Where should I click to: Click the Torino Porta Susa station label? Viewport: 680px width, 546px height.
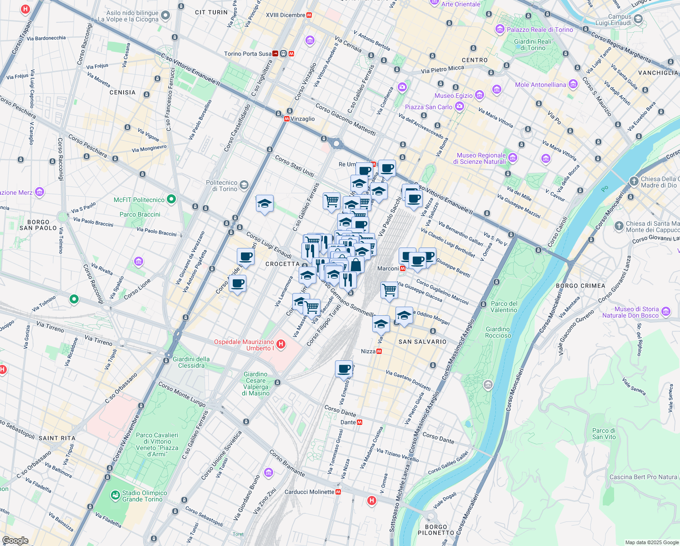248,54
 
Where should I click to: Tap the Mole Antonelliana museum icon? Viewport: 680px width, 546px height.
573,84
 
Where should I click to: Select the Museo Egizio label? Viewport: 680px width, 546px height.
454,96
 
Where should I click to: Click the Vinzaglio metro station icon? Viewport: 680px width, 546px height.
287,119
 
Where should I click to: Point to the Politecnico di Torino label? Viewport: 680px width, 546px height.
222,186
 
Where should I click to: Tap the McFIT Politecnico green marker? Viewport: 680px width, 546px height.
171,199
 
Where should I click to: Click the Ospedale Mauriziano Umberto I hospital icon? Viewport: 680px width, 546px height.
281,344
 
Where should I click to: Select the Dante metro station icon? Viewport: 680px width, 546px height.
360,422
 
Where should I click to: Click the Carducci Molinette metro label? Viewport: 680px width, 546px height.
309,492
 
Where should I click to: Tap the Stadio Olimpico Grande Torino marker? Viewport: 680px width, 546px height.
115,495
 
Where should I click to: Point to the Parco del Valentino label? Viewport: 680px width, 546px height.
504,307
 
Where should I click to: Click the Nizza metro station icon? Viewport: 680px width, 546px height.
379,351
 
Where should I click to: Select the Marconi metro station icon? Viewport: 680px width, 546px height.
403,268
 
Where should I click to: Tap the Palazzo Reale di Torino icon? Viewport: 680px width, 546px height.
500,30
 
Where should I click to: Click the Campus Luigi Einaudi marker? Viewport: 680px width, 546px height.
638,19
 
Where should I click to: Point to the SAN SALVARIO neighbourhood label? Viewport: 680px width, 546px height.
422,342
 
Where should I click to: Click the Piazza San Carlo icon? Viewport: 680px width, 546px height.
459,107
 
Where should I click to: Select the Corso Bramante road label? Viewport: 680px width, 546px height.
287,463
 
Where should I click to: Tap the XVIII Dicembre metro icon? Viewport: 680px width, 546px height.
310,15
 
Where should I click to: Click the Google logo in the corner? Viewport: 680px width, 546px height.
15,541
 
